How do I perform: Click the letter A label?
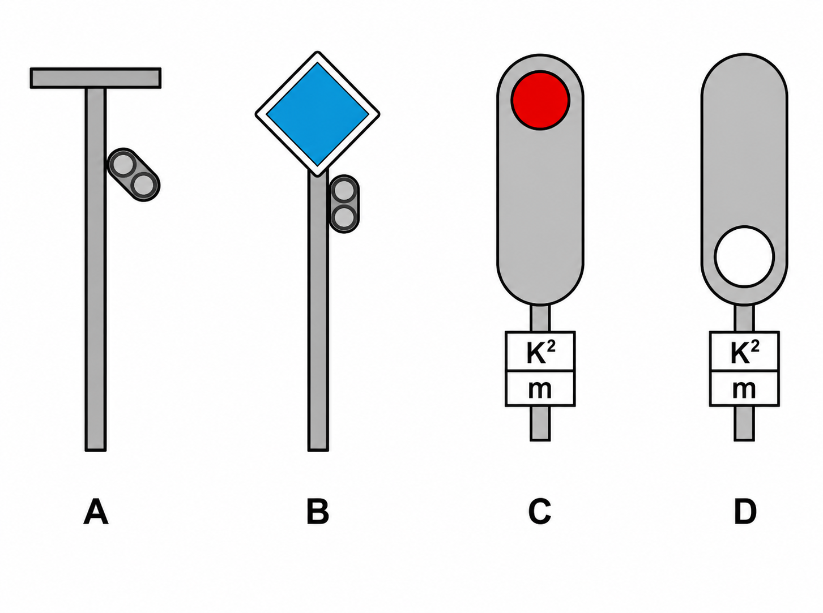pos(96,512)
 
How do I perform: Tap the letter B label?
pos(318,512)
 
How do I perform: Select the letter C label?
pos(540,512)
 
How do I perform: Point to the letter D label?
pos(745,512)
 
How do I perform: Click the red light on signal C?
pos(540,100)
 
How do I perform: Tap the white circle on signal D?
pos(744,256)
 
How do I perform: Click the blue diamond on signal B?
pos(318,114)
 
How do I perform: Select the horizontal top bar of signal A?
pos(96,78)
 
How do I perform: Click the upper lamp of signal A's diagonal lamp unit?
pos(123,165)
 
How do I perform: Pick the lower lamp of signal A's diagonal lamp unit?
pos(145,185)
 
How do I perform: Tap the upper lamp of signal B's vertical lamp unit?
pos(344,190)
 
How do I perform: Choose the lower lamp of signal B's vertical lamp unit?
pos(344,217)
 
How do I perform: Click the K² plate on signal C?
pos(540,351)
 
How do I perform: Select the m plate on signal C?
pos(540,388)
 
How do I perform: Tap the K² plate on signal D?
pos(744,351)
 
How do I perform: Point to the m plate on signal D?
pos(744,388)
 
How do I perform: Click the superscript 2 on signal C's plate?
pos(551,346)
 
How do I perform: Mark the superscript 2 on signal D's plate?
pos(755,346)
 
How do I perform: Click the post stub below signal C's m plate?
pos(540,423)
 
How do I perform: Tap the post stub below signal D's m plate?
pos(744,423)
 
